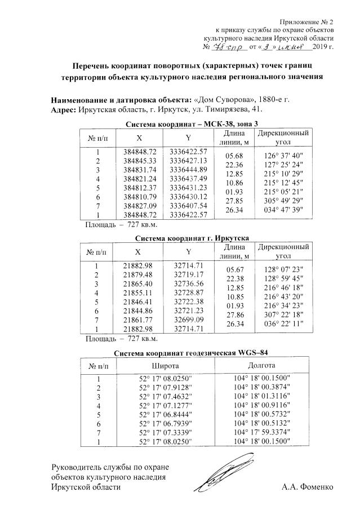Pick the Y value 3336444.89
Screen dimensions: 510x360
tap(188, 170)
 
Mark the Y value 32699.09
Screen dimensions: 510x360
tap(188, 320)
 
